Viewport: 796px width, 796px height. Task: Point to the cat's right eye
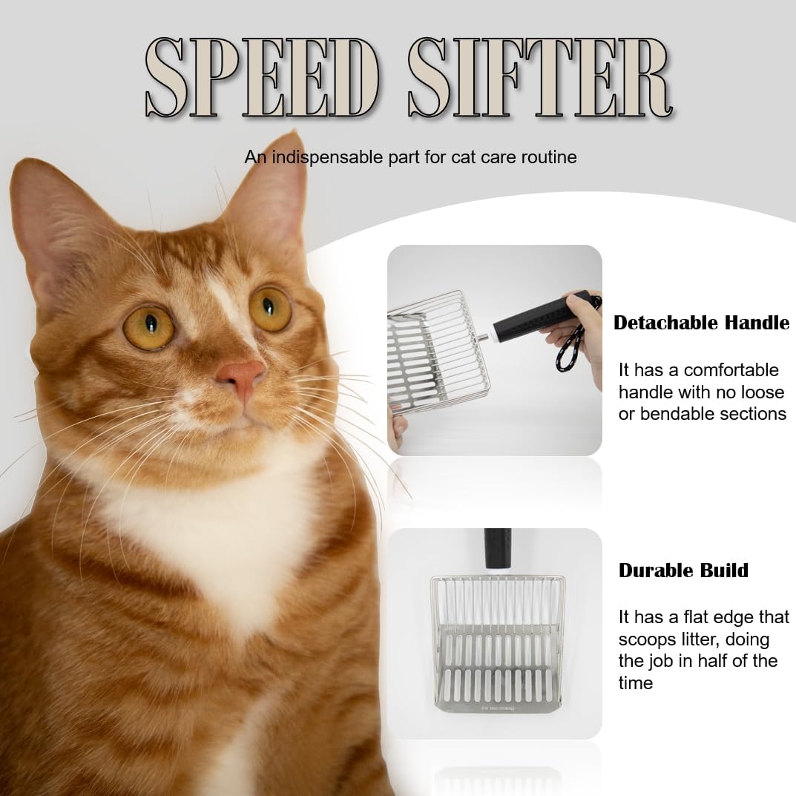tap(148, 326)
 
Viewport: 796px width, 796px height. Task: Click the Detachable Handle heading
tap(701, 323)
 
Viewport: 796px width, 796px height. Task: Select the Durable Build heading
tap(683, 570)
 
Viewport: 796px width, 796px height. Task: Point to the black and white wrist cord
tap(575, 356)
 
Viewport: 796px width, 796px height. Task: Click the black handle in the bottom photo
tap(495, 550)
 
